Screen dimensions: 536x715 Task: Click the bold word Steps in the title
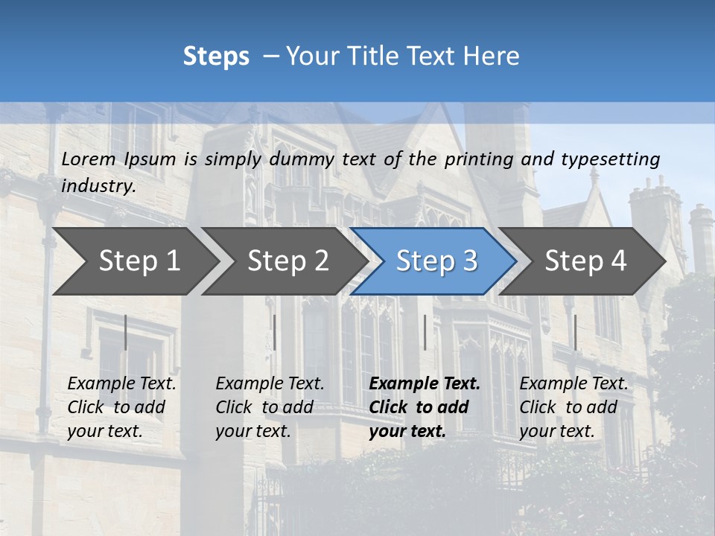tap(216, 56)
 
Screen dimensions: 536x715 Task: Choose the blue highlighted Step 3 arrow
tap(436, 261)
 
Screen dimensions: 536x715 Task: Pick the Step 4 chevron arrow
tap(585, 261)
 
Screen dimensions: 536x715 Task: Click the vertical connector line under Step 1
tap(125, 332)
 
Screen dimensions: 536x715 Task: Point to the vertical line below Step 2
tap(275, 332)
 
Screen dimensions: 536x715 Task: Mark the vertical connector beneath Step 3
tap(425, 332)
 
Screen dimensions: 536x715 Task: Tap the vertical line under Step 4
tap(575, 332)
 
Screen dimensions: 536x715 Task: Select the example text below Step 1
tap(121, 407)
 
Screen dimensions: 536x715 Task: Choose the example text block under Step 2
tap(270, 407)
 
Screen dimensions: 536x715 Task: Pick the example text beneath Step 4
tap(573, 407)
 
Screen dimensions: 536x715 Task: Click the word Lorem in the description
tap(89, 159)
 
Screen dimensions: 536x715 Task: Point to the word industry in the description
tap(98, 185)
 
